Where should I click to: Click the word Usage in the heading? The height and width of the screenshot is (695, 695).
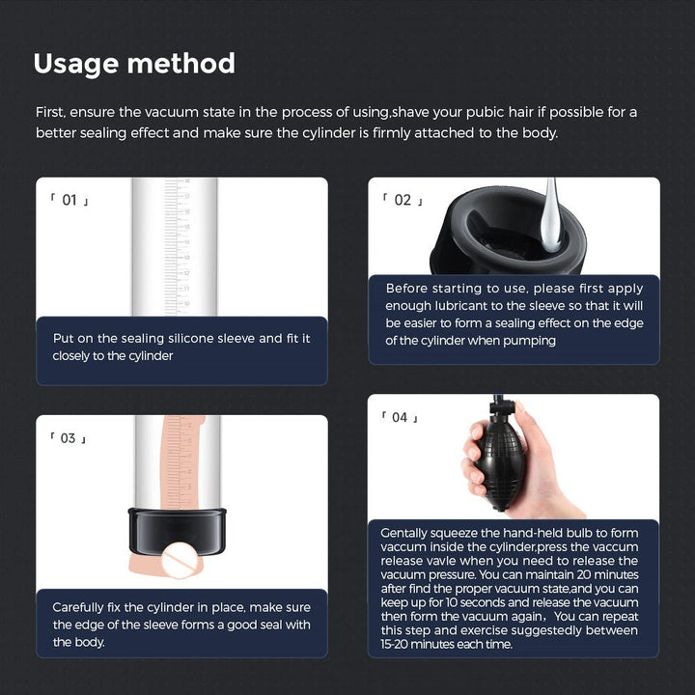pos(77,64)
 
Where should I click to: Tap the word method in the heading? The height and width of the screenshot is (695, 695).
pos(182,64)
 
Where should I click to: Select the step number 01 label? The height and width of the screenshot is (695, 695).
pos(69,201)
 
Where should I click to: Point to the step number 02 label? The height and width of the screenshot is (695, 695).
pos(403,200)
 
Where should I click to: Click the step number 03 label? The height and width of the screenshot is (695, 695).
pos(69,438)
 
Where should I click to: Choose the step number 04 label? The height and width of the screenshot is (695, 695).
pos(400,417)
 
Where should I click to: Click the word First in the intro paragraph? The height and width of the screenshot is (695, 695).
pos(50,112)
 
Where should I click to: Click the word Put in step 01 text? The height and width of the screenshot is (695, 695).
pos(63,339)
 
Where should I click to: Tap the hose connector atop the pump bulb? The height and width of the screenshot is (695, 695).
pos(496,411)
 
